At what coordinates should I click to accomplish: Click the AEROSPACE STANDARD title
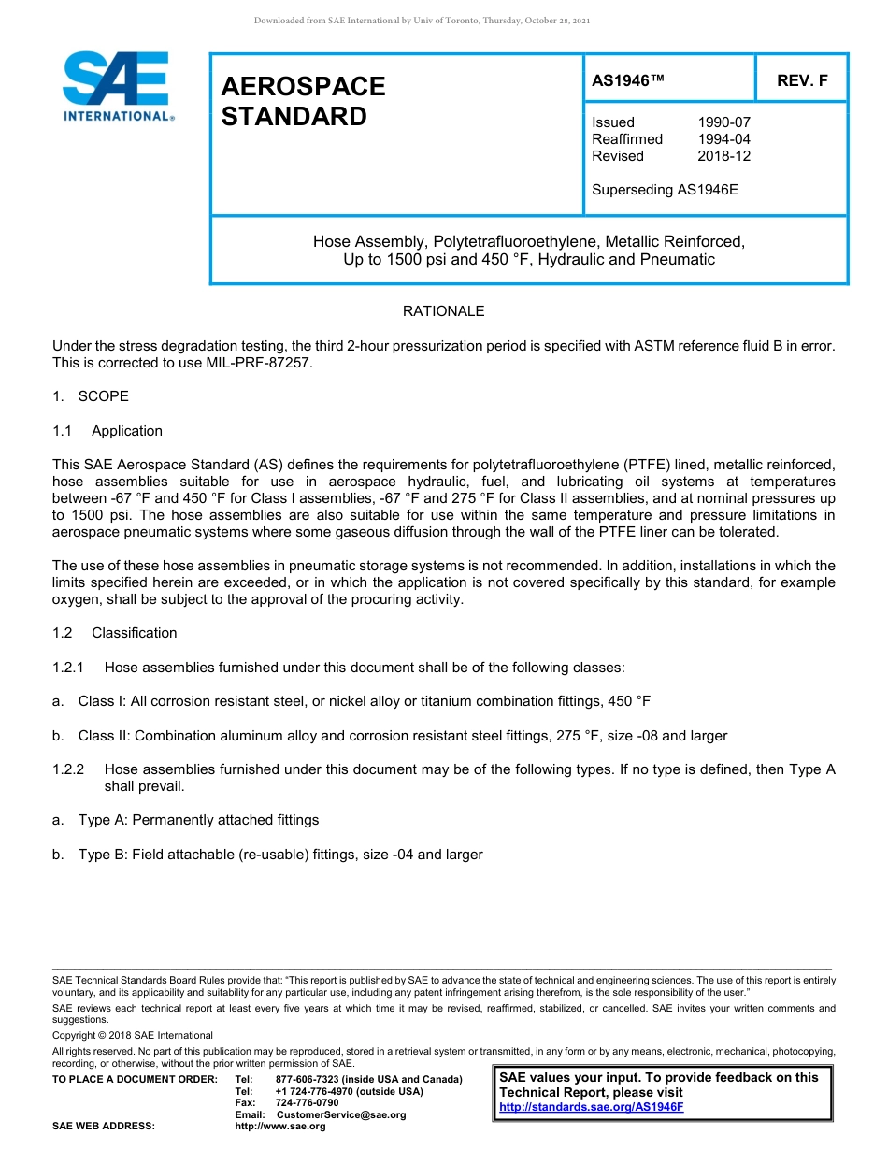click(303, 101)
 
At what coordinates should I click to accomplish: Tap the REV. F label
click(802, 80)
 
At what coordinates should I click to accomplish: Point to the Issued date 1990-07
click(723, 122)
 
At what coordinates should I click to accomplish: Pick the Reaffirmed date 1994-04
click(723, 139)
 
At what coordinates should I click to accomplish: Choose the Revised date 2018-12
click(723, 156)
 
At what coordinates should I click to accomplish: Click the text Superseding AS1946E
click(665, 190)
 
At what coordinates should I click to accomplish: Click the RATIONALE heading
click(443, 311)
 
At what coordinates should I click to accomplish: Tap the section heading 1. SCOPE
click(91, 396)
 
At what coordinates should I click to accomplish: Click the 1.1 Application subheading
click(107, 431)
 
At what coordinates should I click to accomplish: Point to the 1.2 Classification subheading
click(115, 633)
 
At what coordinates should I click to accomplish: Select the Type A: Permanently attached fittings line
click(198, 820)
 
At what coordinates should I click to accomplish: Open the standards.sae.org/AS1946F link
click(592, 1107)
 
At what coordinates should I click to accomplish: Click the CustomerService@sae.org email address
click(341, 1114)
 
